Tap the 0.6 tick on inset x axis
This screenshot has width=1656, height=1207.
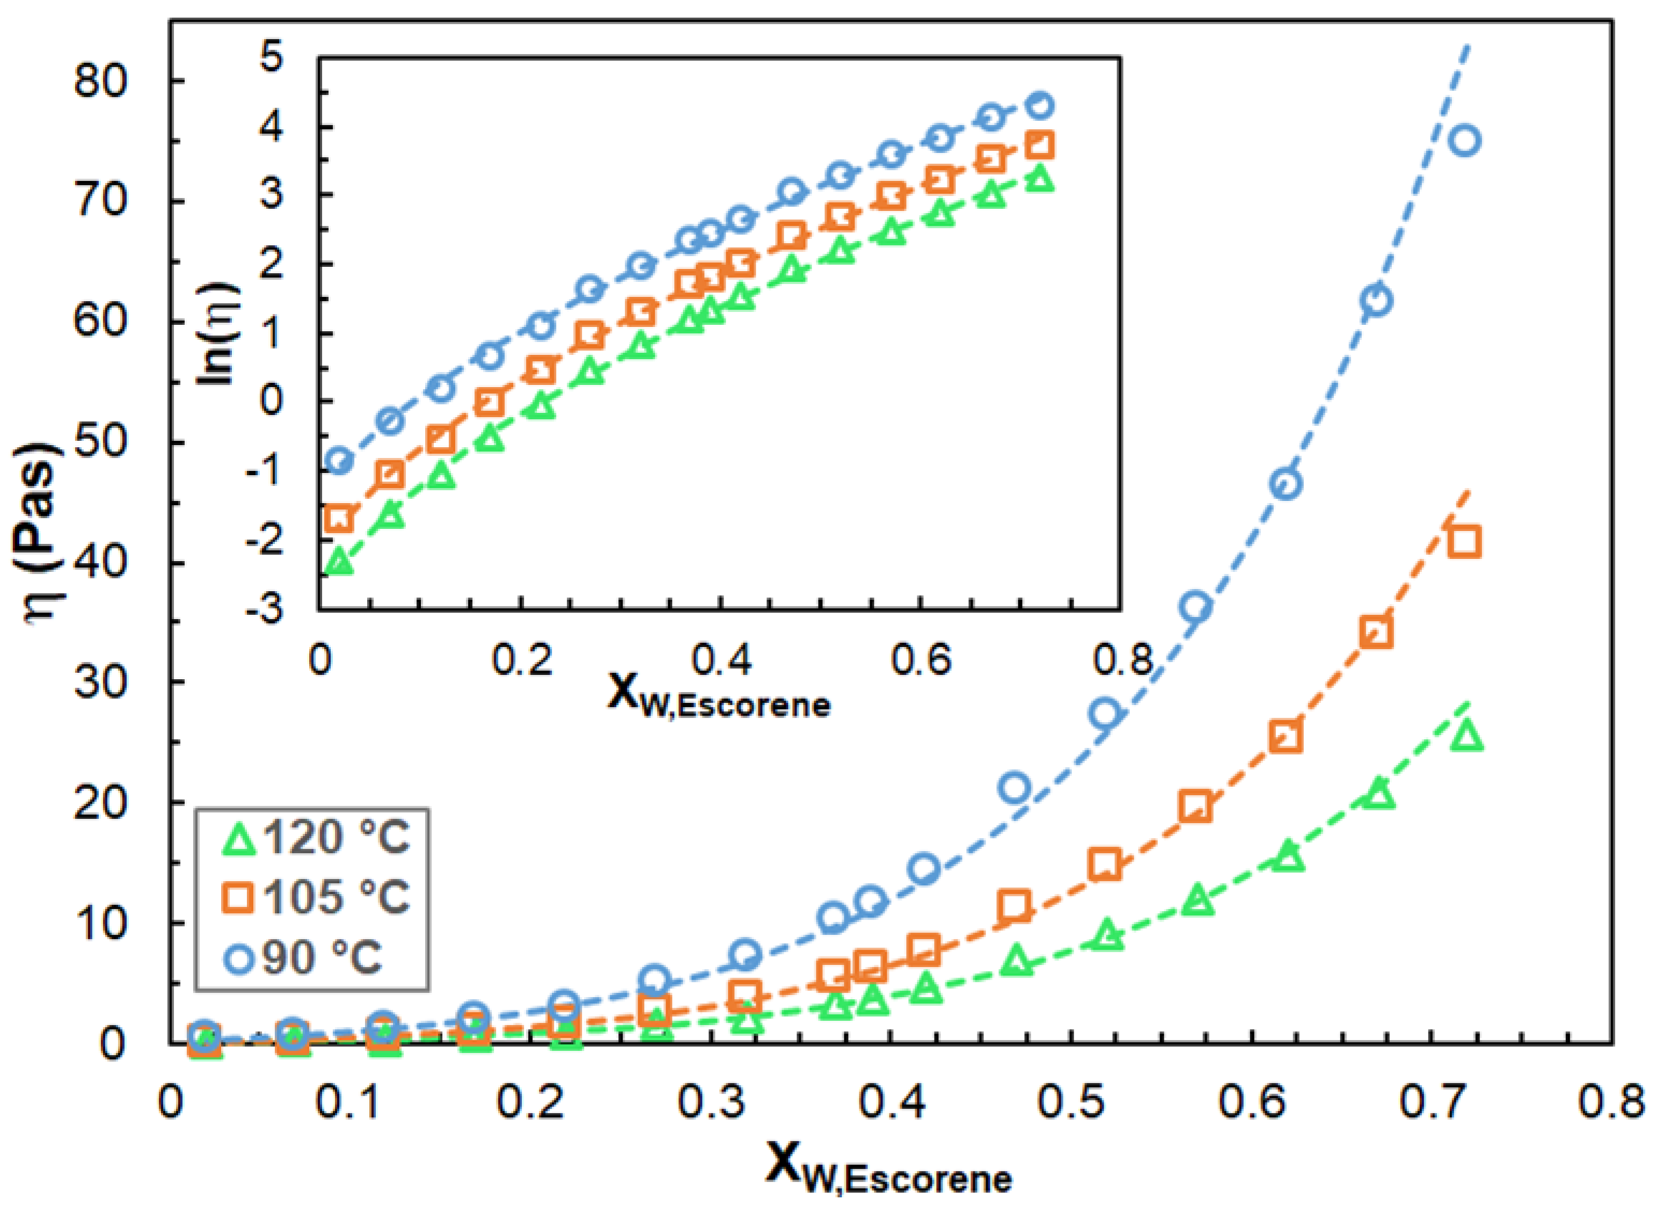921,660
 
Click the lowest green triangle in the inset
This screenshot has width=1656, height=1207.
339,562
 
